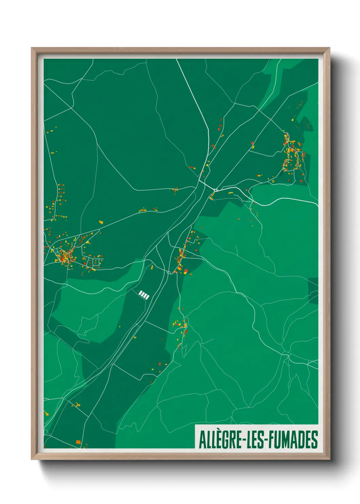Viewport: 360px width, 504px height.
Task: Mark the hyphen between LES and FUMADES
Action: click(266, 440)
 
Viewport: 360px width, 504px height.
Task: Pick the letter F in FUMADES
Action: click(271, 440)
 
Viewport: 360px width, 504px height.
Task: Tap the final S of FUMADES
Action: click(315, 440)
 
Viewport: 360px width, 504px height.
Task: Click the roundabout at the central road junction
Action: click(216, 190)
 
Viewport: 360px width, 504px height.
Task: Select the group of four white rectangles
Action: click(144, 295)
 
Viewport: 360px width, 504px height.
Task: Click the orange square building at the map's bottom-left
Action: click(78, 442)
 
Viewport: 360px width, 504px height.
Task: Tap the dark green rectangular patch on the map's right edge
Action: click(313, 290)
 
